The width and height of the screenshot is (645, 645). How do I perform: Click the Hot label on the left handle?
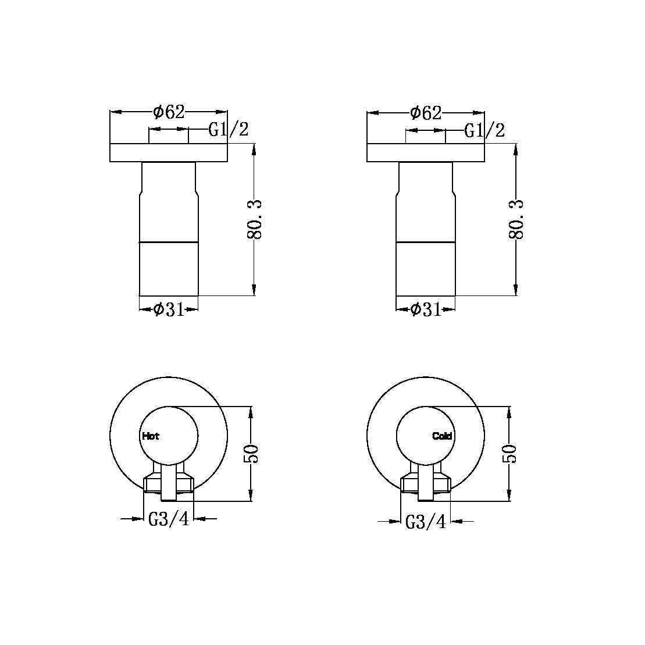(150, 436)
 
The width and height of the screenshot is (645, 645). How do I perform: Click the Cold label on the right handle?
(442, 436)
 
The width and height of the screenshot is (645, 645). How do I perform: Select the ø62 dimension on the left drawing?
(169, 112)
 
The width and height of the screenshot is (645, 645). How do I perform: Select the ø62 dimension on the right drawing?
(426, 112)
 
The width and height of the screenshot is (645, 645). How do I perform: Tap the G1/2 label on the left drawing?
(229, 130)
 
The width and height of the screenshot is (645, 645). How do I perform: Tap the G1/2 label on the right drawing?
(484, 130)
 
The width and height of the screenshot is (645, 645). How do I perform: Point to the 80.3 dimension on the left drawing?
(256, 220)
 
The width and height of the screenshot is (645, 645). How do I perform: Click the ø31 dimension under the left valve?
(169, 309)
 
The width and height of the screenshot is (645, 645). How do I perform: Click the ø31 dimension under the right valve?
(426, 309)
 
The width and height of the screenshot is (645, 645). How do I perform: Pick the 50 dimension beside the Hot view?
(251, 454)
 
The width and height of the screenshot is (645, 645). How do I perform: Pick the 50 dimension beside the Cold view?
(510, 454)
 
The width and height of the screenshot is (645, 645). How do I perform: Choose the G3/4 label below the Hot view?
(169, 519)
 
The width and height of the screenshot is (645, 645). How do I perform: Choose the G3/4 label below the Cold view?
(425, 522)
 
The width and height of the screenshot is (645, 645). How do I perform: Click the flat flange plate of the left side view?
(169, 152)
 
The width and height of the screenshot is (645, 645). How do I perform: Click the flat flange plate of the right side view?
(426, 152)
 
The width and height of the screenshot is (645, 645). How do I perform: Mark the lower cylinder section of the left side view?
(169, 268)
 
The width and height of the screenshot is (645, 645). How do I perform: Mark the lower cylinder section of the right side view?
(426, 268)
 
